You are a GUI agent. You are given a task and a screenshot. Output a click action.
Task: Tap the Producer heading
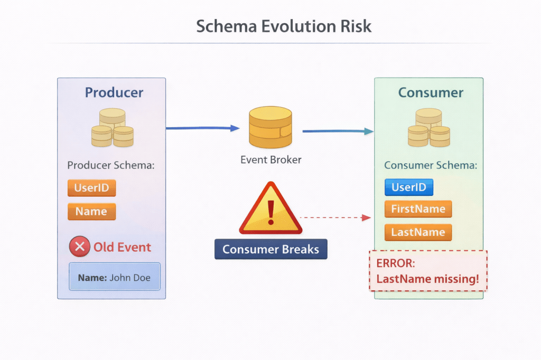click(x=114, y=92)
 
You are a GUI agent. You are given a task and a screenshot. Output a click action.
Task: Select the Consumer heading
click(x=431, y=92)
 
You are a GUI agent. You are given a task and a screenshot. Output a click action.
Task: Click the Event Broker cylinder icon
click(x=270, y=127)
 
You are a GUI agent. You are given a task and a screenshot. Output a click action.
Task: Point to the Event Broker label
click(x=270, y=159)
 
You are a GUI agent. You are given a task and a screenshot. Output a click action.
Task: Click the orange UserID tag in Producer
click(x=91, y=188)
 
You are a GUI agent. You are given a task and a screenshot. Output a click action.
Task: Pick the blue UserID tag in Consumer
click(x=409, y=187)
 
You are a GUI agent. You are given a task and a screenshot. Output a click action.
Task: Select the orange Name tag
click(x=91, y=212)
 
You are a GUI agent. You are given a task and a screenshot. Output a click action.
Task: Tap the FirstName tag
click(x=418, y=209)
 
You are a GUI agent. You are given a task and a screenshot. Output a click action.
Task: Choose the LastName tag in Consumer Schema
click(x=418, y=232)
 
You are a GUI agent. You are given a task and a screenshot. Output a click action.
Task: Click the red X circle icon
click(x=79, y=247)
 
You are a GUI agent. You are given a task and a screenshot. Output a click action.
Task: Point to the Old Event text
click(x=122, y=247)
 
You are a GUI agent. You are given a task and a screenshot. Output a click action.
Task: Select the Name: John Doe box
click(x=114, y=277)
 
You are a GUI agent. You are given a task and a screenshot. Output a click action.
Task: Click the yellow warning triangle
click(x=270, y=211)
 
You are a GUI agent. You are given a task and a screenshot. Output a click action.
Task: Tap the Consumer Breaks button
click(x=270, y=249)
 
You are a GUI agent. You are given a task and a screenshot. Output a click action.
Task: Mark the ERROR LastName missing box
click(x=428, y=271)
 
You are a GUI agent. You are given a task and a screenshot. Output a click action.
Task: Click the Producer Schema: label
click(x=110, y=165)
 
